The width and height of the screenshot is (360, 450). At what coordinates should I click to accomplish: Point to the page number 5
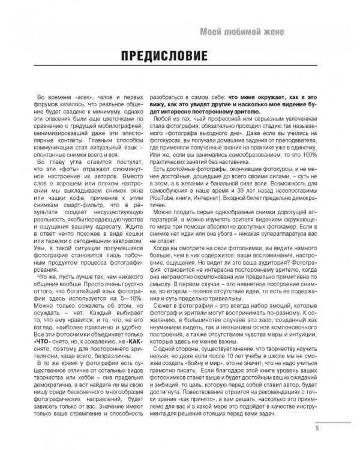[316, 428]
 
